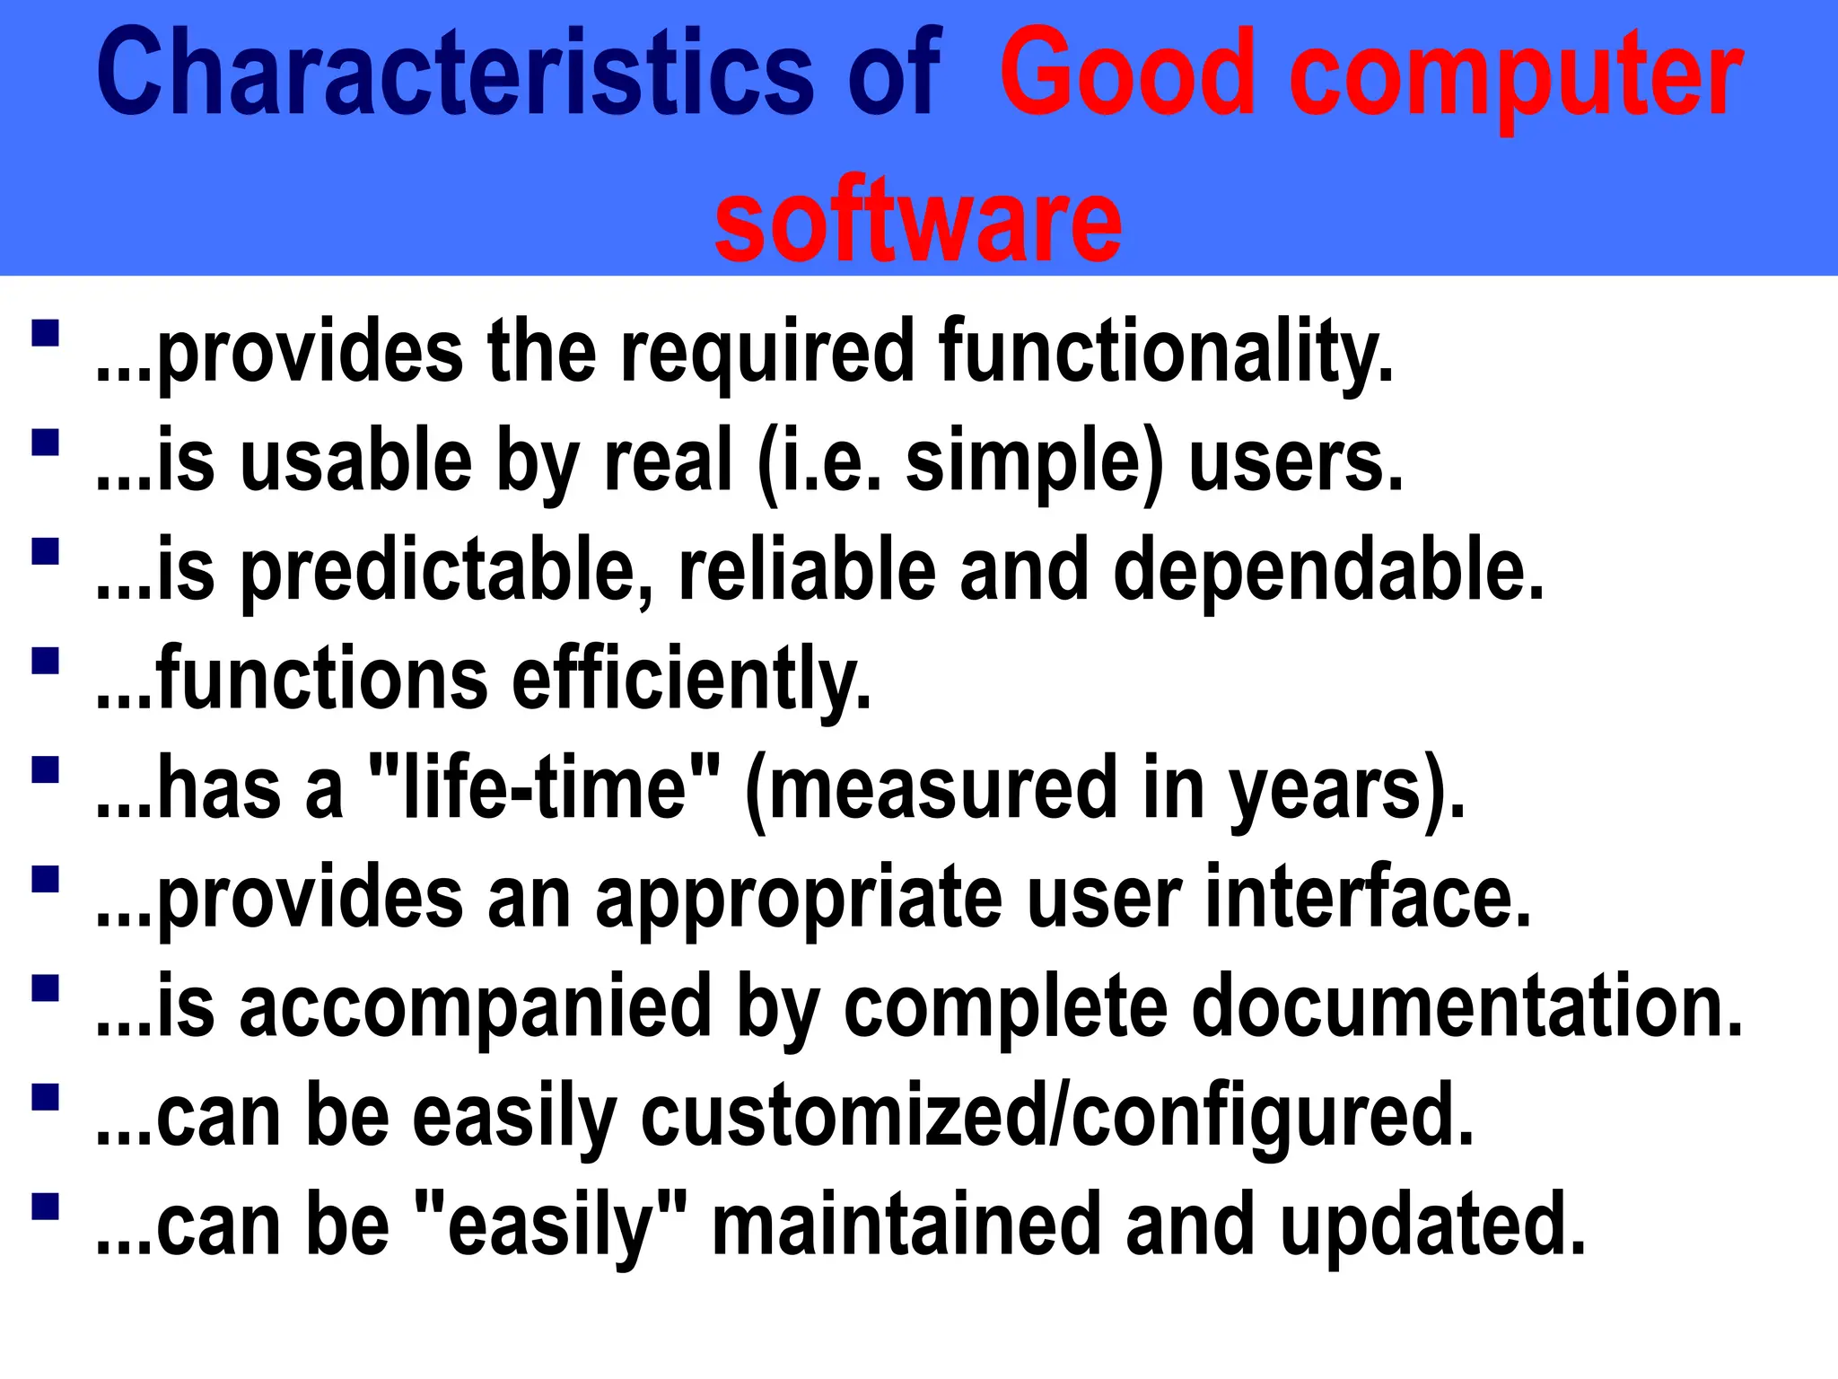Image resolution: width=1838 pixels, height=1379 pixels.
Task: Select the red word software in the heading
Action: pyautogui.click(x=918, y=221)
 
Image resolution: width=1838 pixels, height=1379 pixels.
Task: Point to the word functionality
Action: pyautogui.click(x=1166, y=352)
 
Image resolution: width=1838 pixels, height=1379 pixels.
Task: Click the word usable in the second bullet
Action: pyautogui.click(x=356, y=461)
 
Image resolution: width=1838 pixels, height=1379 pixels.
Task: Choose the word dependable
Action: pyautogui.click(x=1328, y=571)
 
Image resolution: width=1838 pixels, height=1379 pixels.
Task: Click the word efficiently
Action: pyautogui.click(x=691, y=681)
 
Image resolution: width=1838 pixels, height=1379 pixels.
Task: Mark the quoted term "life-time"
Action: pyautogui.click(x=545, y=788)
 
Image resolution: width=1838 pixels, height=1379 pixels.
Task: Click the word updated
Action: pyautogui.click(x=1433, y=1226)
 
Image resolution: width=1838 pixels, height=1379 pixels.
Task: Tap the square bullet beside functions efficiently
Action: pyautogui.click(x=45, y=661)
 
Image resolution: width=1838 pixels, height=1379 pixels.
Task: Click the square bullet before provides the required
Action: pyautogui.click(x=45, y=333)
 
